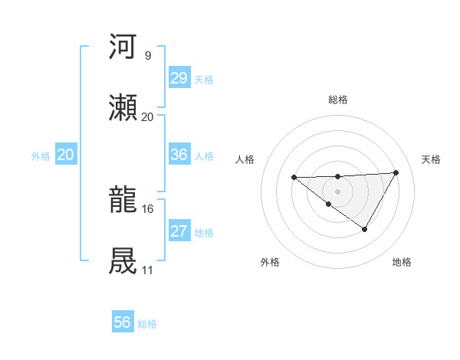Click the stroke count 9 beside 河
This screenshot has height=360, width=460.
147,55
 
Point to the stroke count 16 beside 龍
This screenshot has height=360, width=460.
148,208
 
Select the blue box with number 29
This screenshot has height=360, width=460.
179,78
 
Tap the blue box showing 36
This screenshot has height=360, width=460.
179,155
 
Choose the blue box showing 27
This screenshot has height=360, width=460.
179,231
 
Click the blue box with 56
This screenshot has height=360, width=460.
122,322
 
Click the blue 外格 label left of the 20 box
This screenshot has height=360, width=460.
41,156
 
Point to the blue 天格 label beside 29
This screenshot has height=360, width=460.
204,80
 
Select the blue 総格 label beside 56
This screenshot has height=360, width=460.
147,324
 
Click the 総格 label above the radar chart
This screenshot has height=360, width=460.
338,100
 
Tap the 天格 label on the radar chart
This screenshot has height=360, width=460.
432,159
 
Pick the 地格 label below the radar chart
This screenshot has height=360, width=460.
402,262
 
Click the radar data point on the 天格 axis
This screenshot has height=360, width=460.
396,172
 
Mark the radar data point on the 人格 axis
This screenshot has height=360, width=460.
294,178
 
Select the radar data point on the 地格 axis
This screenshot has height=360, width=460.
365,229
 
